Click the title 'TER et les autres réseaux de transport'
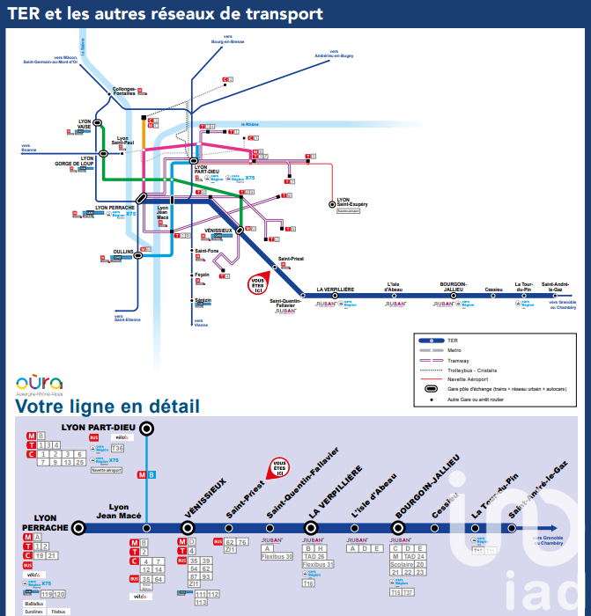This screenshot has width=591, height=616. pos(165,14)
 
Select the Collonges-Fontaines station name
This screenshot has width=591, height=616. pos(124,92)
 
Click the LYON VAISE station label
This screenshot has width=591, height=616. pos(85,124)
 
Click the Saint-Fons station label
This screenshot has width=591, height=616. pos(206,252)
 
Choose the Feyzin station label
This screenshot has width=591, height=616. pos(202,275)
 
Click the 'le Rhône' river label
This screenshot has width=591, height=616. pos(251,125)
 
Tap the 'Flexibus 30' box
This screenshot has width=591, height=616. pos(277,556)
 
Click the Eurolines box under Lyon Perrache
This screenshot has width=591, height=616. pos(33,612)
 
